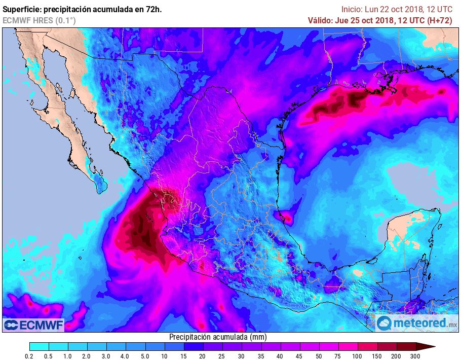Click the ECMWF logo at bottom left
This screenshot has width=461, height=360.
(33, 325)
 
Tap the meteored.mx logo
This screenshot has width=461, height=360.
(417, 322)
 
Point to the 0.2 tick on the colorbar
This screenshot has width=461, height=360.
(29, 357)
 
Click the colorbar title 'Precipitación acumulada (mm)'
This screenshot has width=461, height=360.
(218, 337)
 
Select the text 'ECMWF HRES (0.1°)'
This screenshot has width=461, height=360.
(40, 20)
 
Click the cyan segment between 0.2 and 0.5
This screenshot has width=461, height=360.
(39, 346)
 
